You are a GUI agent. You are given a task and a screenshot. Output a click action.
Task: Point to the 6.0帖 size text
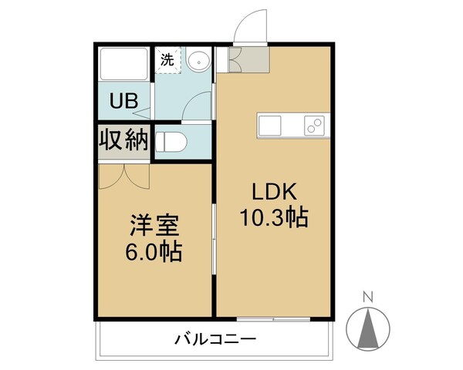(x=154, y=252)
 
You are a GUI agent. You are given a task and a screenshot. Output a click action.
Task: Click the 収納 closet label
(x=123, y=140)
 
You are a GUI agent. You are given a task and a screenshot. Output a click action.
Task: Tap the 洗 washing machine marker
(x=167, y=59)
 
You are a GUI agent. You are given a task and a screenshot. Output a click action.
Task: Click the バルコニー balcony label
(x=215, y=339)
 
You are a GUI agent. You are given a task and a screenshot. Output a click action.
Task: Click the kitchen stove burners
(x=314, y=125)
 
